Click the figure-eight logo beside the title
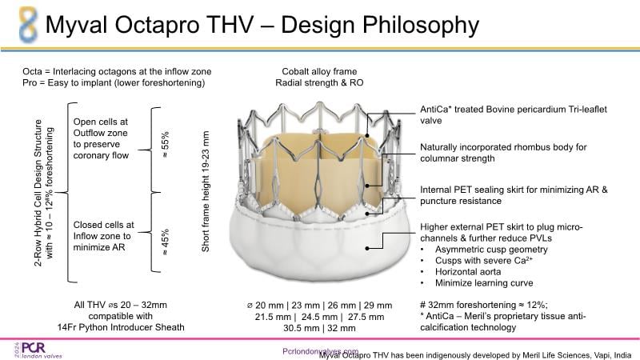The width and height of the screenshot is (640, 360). tap(29, 25)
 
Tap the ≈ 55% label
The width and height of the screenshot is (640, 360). tap(165, 144)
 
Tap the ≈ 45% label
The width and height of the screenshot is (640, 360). tap(165, 242)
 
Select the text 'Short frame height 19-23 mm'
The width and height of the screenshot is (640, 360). tap(206, 191)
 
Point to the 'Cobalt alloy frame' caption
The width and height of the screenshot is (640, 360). tap(319, 71)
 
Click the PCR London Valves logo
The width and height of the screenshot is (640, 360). tap(38, 350)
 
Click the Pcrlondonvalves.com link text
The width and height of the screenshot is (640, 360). tap(321, 351)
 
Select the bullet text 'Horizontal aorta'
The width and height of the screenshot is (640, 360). tap(468, 272)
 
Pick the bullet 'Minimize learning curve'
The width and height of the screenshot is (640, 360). tap(484, 283)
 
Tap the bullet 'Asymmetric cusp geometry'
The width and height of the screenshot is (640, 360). tap(491, 250)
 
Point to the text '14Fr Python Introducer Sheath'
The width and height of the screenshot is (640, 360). tap(121, 327)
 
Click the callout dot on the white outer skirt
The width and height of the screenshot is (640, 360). tap(367, 248)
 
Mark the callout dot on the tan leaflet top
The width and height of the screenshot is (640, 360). tap(367, 135)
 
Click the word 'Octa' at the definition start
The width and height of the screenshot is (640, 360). tap(32, 71)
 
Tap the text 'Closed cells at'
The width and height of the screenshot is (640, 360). tap(104, 225)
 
